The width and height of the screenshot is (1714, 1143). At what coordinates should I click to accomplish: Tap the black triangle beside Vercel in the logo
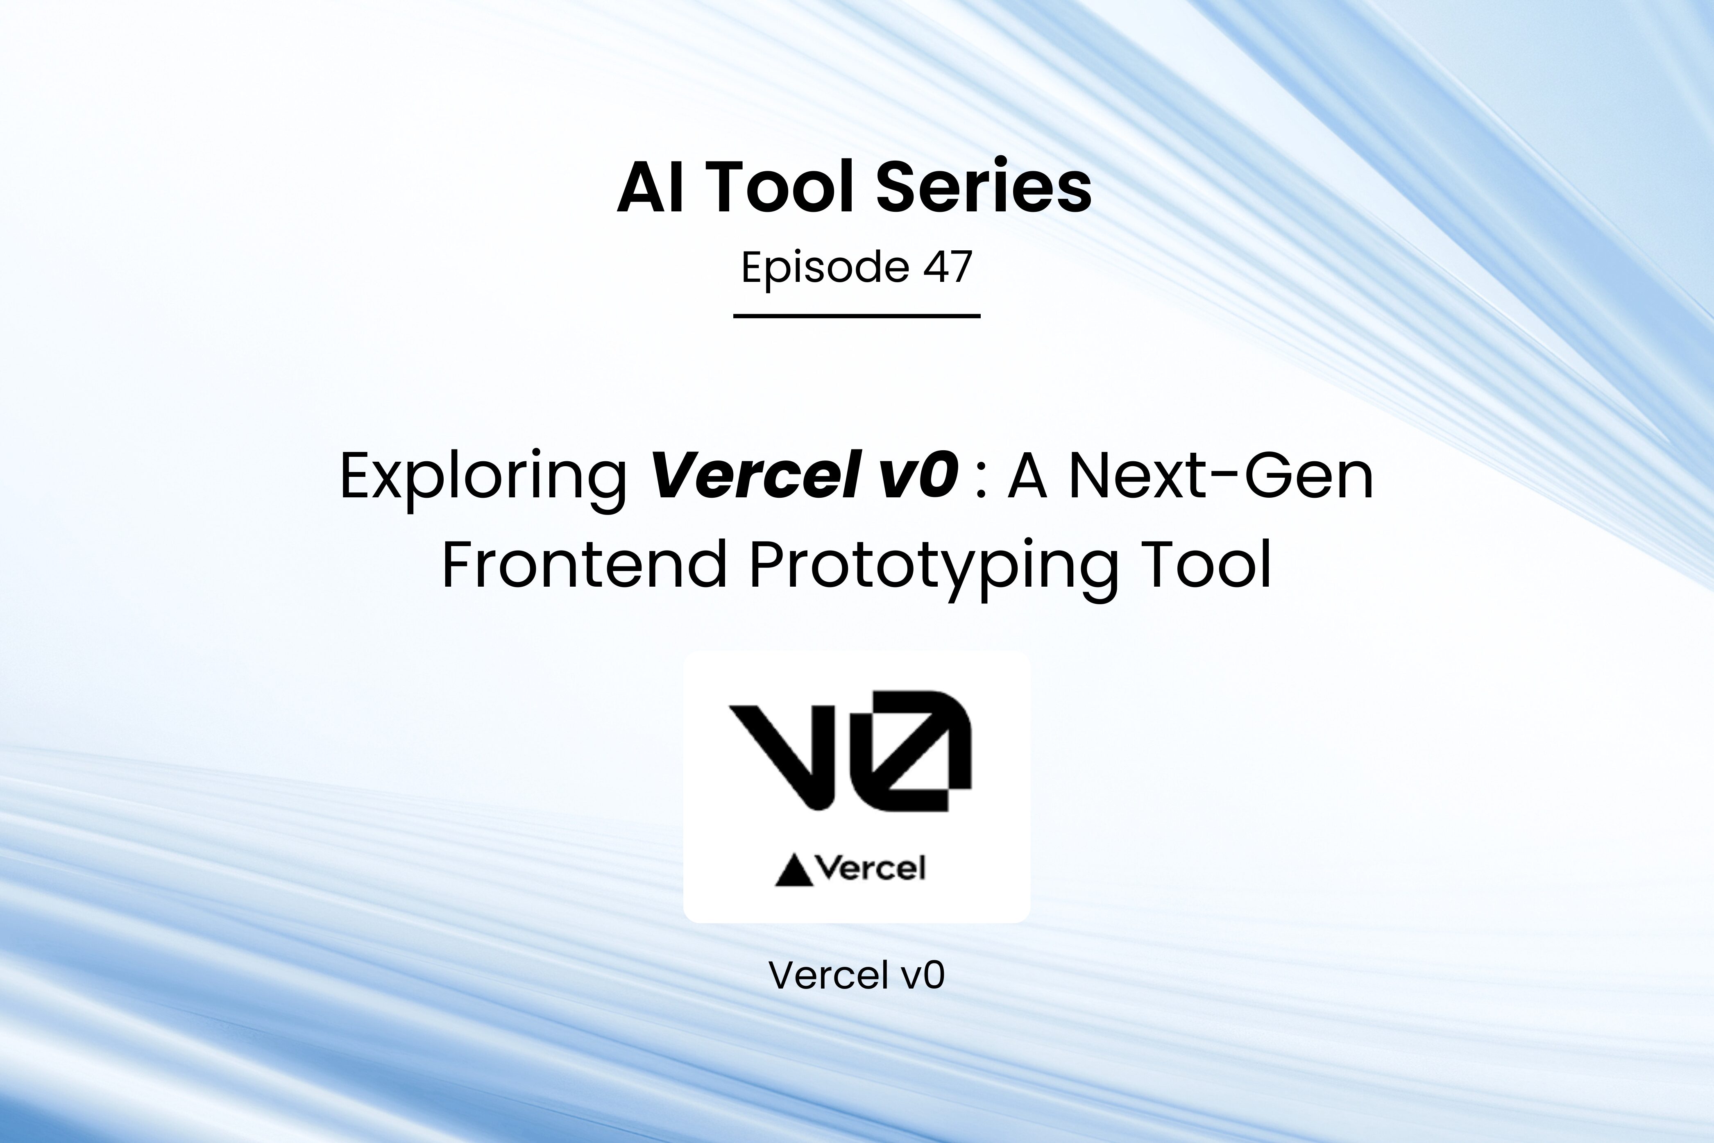coord(792,872)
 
